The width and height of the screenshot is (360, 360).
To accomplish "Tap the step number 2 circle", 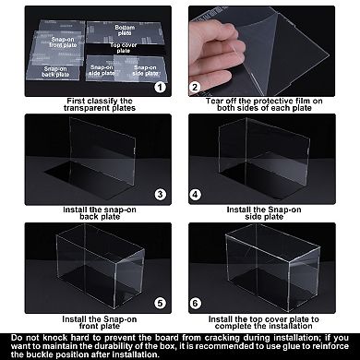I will click(195, 87).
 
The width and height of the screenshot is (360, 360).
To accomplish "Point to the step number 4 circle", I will click(195, 196).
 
